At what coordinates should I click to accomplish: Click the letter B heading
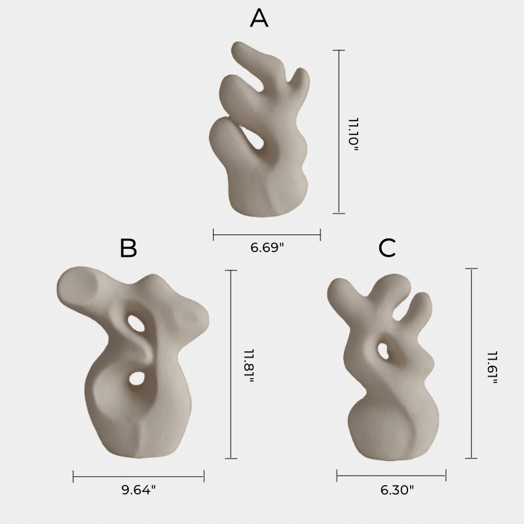pos(128,248)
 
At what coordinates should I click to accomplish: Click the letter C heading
pos(387,248)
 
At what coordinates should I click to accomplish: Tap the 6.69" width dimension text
pos(267,248)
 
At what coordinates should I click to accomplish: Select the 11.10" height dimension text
pos(353,134)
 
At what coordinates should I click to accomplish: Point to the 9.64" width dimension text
pos(138,490)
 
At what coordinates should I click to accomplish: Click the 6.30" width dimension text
pos(397,490)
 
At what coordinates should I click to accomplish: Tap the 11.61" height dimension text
pos(493,367)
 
